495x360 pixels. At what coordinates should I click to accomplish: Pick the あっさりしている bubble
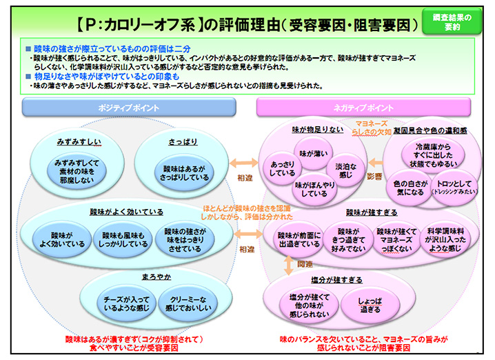pyautogui.click(x=283, y=169)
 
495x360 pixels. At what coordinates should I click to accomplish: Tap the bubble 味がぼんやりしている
pyautogui.click(x=314, y=189)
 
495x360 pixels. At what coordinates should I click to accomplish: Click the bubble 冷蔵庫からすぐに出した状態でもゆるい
pyautogui.click(x=435, y=156)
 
